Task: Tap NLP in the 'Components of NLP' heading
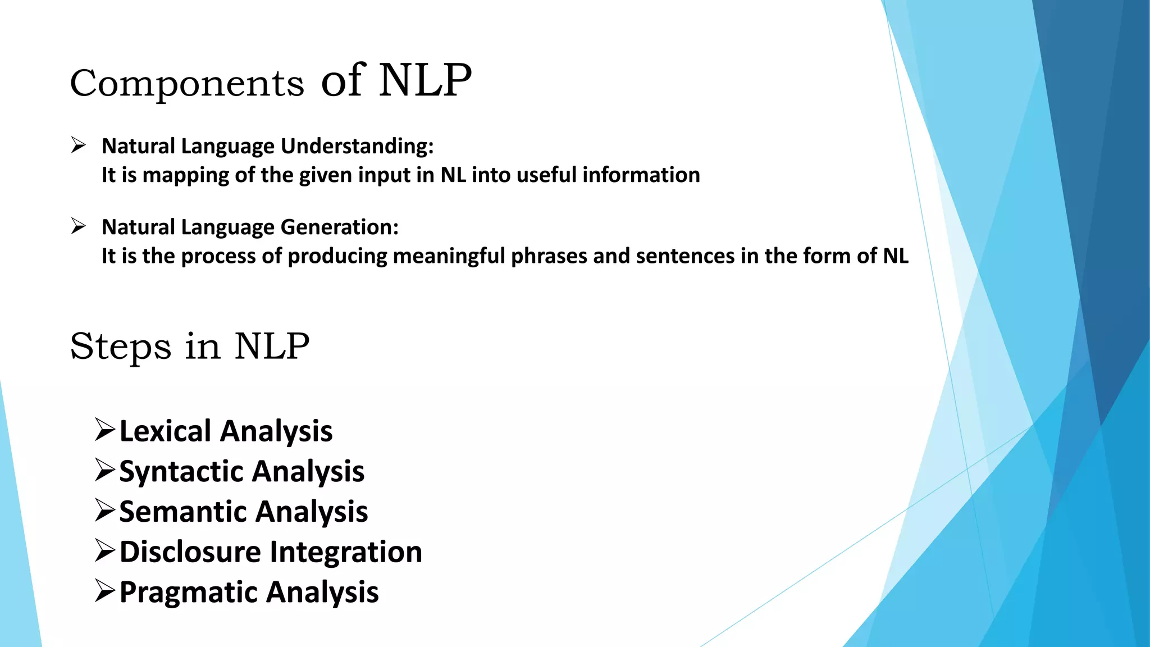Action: coord(425,81)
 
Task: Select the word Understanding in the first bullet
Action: coord(357,147)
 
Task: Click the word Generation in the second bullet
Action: coord(340,227)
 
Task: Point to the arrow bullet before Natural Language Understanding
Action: coord(78,145)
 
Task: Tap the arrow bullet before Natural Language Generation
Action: coord(78,226)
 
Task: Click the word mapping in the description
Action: coord(186,176)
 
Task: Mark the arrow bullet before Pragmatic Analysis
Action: coord(105,591)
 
